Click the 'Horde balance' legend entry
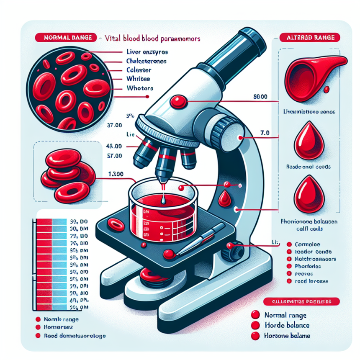(x=286, y=325)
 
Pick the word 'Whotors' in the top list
(x=139, y=88)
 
